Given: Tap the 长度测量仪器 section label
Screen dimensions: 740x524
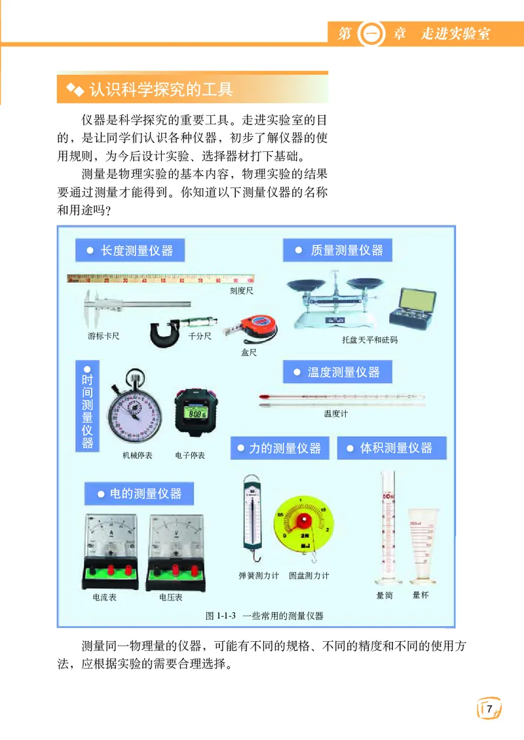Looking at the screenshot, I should pos(130,250).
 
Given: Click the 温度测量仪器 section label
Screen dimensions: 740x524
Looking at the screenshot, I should pos(337,372).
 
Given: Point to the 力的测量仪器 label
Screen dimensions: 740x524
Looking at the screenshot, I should pos(279,449).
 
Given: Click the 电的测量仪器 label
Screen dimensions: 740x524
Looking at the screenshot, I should pos(139,493).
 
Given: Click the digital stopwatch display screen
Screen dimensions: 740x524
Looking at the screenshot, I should pos(195,414).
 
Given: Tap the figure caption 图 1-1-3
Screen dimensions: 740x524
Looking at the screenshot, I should pos(265,616).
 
